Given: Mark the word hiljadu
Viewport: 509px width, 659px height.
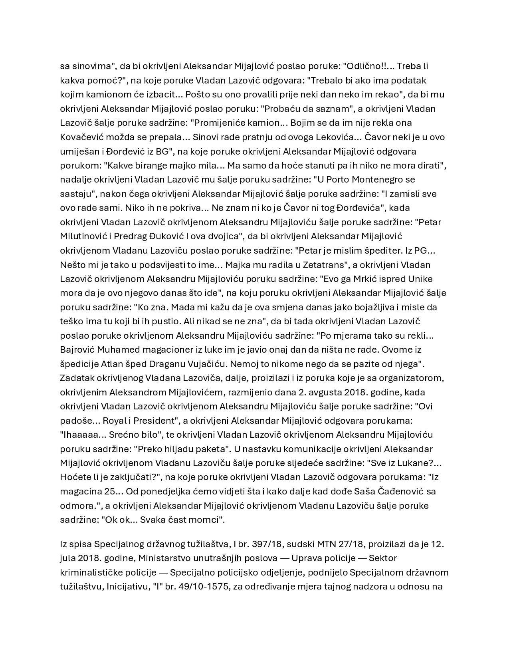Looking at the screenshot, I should coord(179,449).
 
